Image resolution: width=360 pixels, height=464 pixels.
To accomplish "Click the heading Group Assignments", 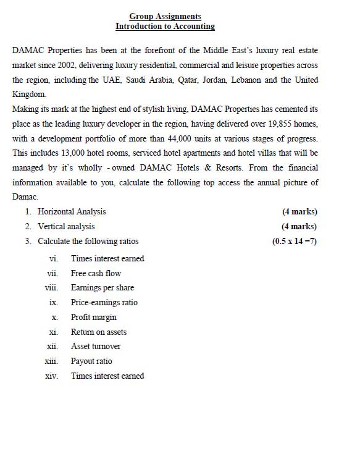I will (x=165, y=17).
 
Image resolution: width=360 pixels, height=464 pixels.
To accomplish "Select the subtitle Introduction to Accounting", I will (x=165, y=27).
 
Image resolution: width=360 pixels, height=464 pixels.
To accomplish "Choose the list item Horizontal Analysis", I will (x=72, y=212).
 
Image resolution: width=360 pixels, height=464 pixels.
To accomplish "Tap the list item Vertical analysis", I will (x=66, y=227).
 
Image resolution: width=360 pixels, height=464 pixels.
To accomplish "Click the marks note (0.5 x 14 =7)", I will (x=295, y=242).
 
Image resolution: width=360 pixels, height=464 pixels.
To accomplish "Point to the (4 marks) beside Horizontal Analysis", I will (x=299, y=212).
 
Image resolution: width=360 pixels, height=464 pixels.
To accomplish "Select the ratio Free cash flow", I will (x=96, y=273).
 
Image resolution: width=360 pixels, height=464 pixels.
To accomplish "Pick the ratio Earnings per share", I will (x=102, y=288).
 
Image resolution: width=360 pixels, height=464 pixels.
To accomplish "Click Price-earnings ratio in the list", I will (x=104, y=303).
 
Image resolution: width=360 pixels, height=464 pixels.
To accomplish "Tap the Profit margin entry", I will (x=93, y=318).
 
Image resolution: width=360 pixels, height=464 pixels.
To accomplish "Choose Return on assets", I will (x=99, y=332).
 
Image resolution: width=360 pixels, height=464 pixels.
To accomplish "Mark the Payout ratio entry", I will (x=91, y=361).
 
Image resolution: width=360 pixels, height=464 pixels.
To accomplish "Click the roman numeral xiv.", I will (x=51, y=376).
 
